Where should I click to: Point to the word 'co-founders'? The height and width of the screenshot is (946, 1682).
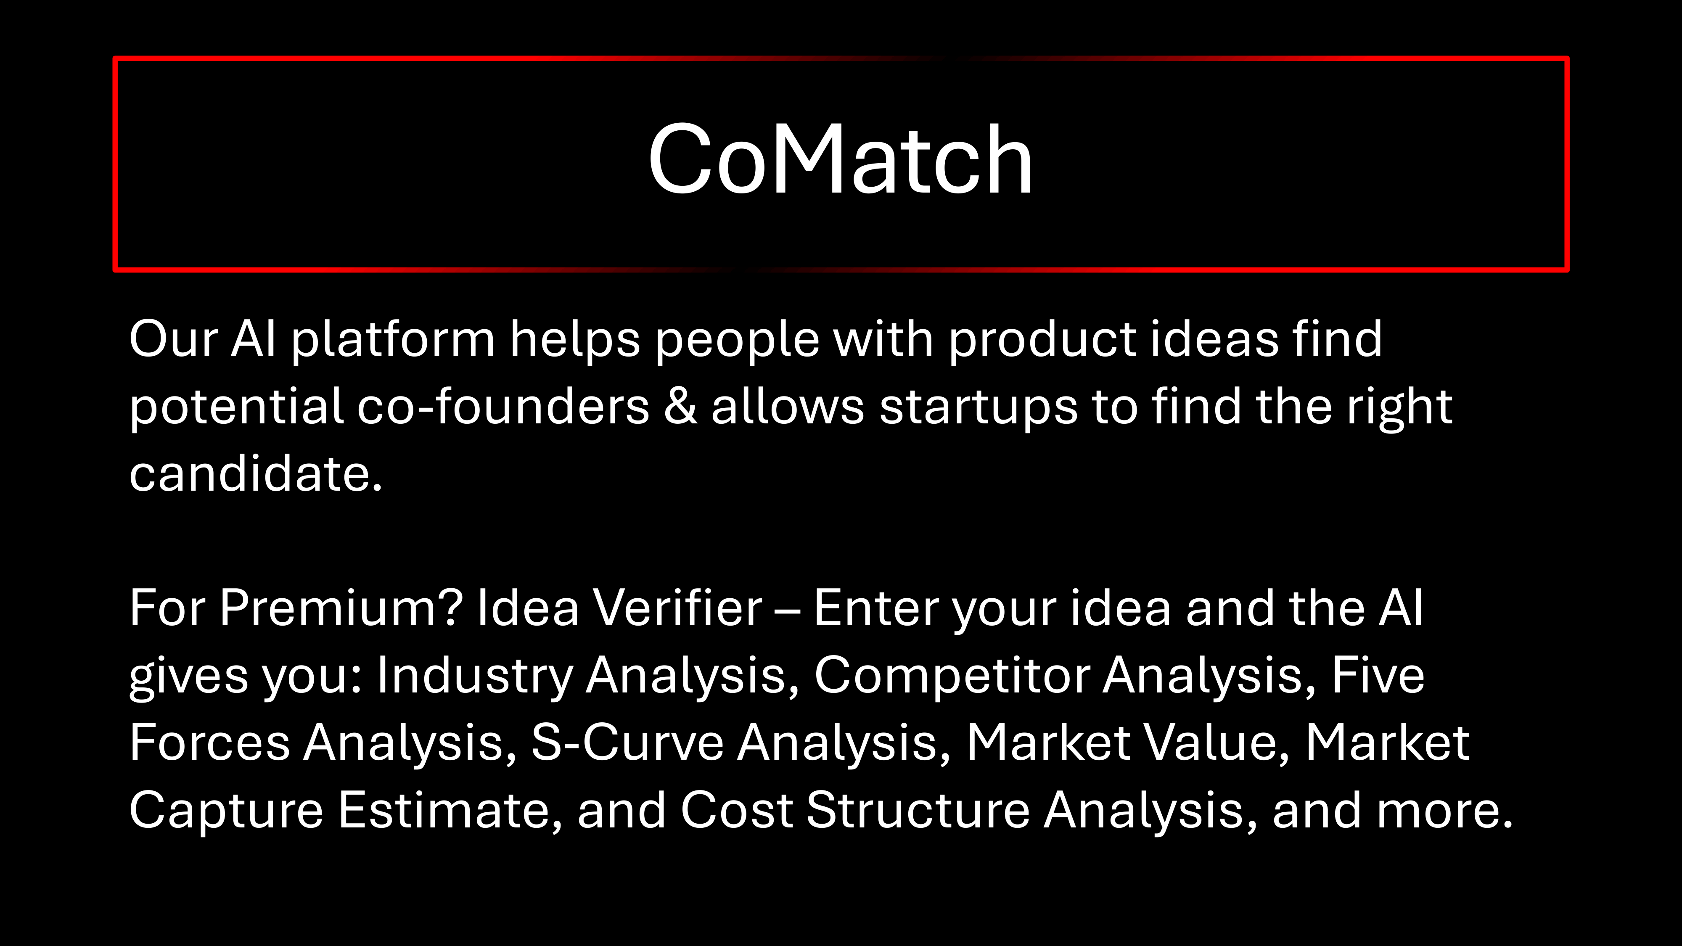tap(503, 406)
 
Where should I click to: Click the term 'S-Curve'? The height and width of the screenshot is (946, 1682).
tap(627, 743)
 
